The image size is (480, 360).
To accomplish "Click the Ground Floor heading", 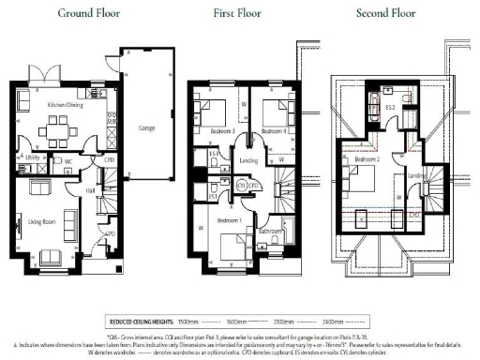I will coord(87,13).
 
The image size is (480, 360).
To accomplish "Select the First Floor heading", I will coord(247,13).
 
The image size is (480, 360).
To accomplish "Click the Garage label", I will coord(147,127).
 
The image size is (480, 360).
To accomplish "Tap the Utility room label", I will coord(31,160).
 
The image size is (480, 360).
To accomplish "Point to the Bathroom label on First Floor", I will coord(272,229).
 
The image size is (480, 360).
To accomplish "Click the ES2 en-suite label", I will coord(391,107).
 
